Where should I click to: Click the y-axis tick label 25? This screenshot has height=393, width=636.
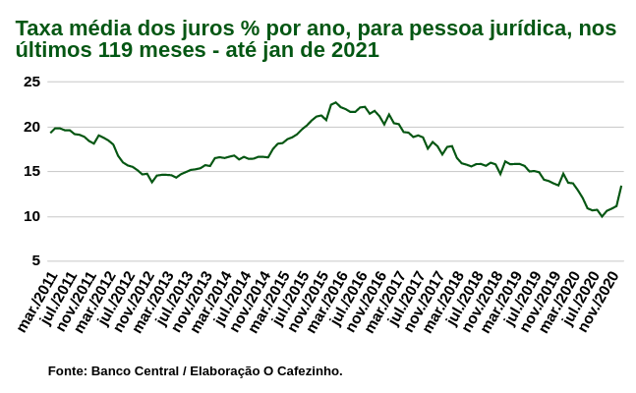coord(31,82)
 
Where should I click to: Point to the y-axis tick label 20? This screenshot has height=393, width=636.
coord(31,127)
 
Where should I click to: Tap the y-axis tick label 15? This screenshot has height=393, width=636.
coord(31,171)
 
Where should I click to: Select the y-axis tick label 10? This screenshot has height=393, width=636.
coord(31,216)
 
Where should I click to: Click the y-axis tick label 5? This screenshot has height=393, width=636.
coord(35,260)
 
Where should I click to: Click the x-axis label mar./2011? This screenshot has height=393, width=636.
coord(37,303)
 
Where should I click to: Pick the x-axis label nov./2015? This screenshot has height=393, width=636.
coord(307,303)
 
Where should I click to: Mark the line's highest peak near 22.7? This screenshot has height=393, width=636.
coord(336,102)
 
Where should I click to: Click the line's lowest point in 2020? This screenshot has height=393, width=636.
coord(602,215)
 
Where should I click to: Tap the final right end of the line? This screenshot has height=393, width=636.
coord(621,187)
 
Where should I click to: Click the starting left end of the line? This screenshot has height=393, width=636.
coord(51,132)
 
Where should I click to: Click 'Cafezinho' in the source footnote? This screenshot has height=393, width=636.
coord(310,370)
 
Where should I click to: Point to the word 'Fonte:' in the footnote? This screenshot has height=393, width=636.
coord(67,370)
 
